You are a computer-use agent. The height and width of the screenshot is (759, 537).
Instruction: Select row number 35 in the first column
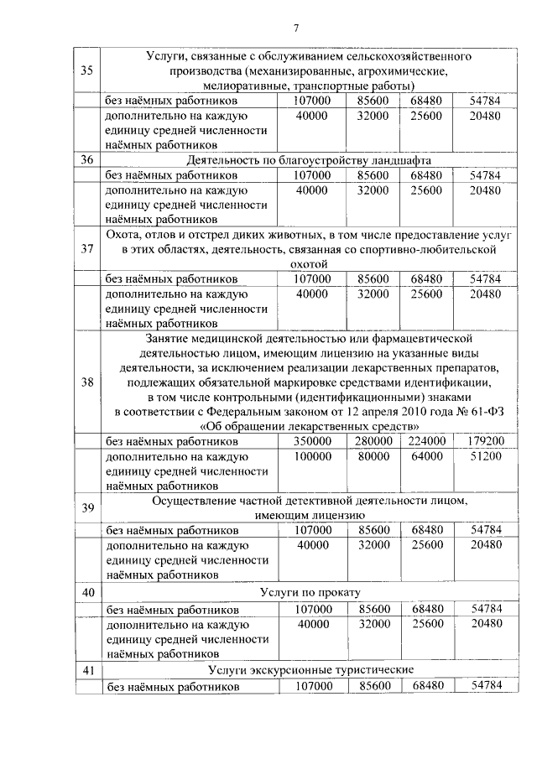(x=86, y=70)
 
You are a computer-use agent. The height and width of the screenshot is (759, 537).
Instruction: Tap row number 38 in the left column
(x=86, y=383)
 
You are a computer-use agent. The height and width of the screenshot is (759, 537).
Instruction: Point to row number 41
(x=86, y=669)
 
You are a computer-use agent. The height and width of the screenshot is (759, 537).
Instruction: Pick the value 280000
(x=373, y=441)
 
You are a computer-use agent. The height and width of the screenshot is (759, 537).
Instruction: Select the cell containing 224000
(x=427, y=441)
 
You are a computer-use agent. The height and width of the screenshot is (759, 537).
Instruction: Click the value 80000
(x=373, y=456)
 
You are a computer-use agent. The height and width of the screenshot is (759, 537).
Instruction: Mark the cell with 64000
(x=427, y=456)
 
